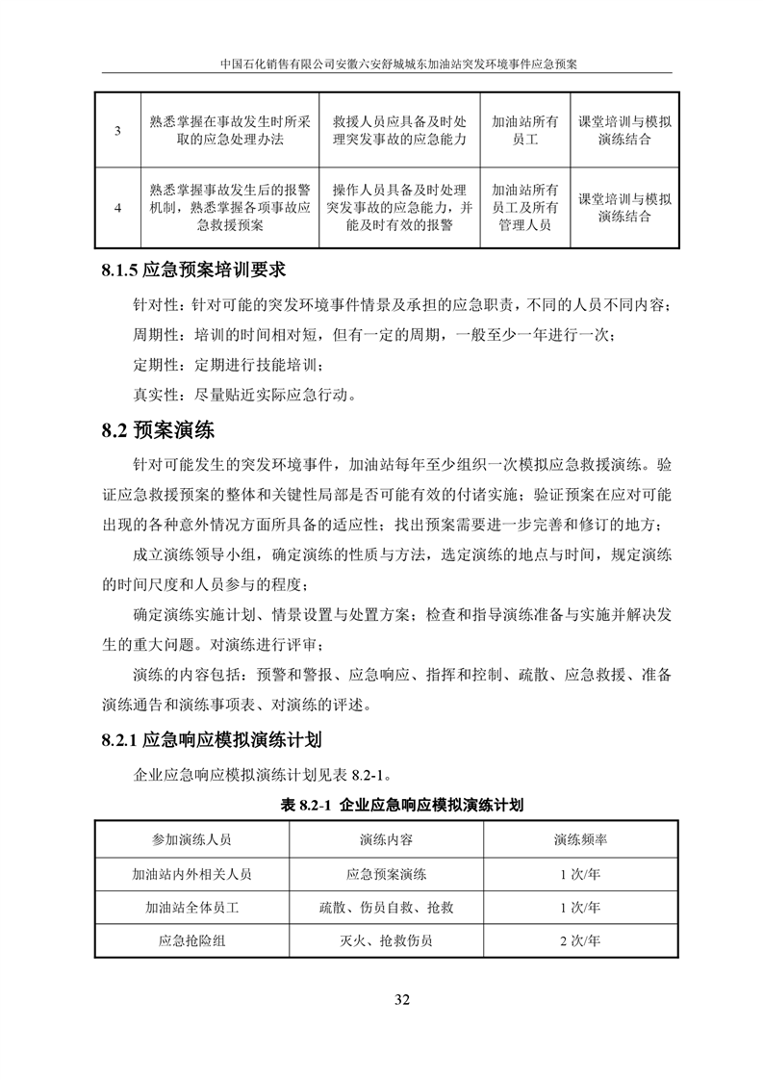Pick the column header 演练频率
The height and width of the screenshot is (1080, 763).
point(579,839)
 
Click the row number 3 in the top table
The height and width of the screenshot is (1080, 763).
point(117,131)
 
